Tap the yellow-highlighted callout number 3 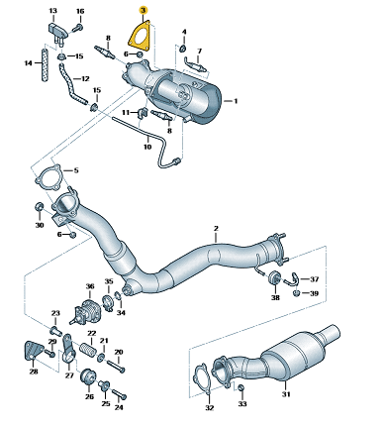click(143, 11)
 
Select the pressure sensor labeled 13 click(57, 32)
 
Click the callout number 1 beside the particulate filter click(236, 101)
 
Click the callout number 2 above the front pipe click(216, 228)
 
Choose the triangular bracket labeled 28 click(33, 350)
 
